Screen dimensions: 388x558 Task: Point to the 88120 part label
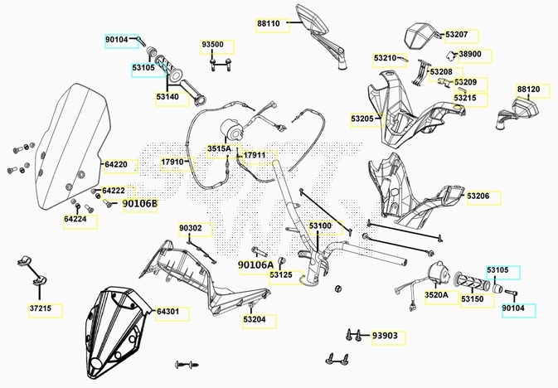click(x=528, y=89)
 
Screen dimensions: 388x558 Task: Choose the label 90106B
click(x=139, y=203)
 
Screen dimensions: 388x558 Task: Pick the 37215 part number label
click(x=41, y=309)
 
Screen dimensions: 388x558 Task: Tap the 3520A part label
click(x=436, y=294)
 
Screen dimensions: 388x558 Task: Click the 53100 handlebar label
click(x=320, y=226)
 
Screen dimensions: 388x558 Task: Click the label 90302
click(x=190, y=227)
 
